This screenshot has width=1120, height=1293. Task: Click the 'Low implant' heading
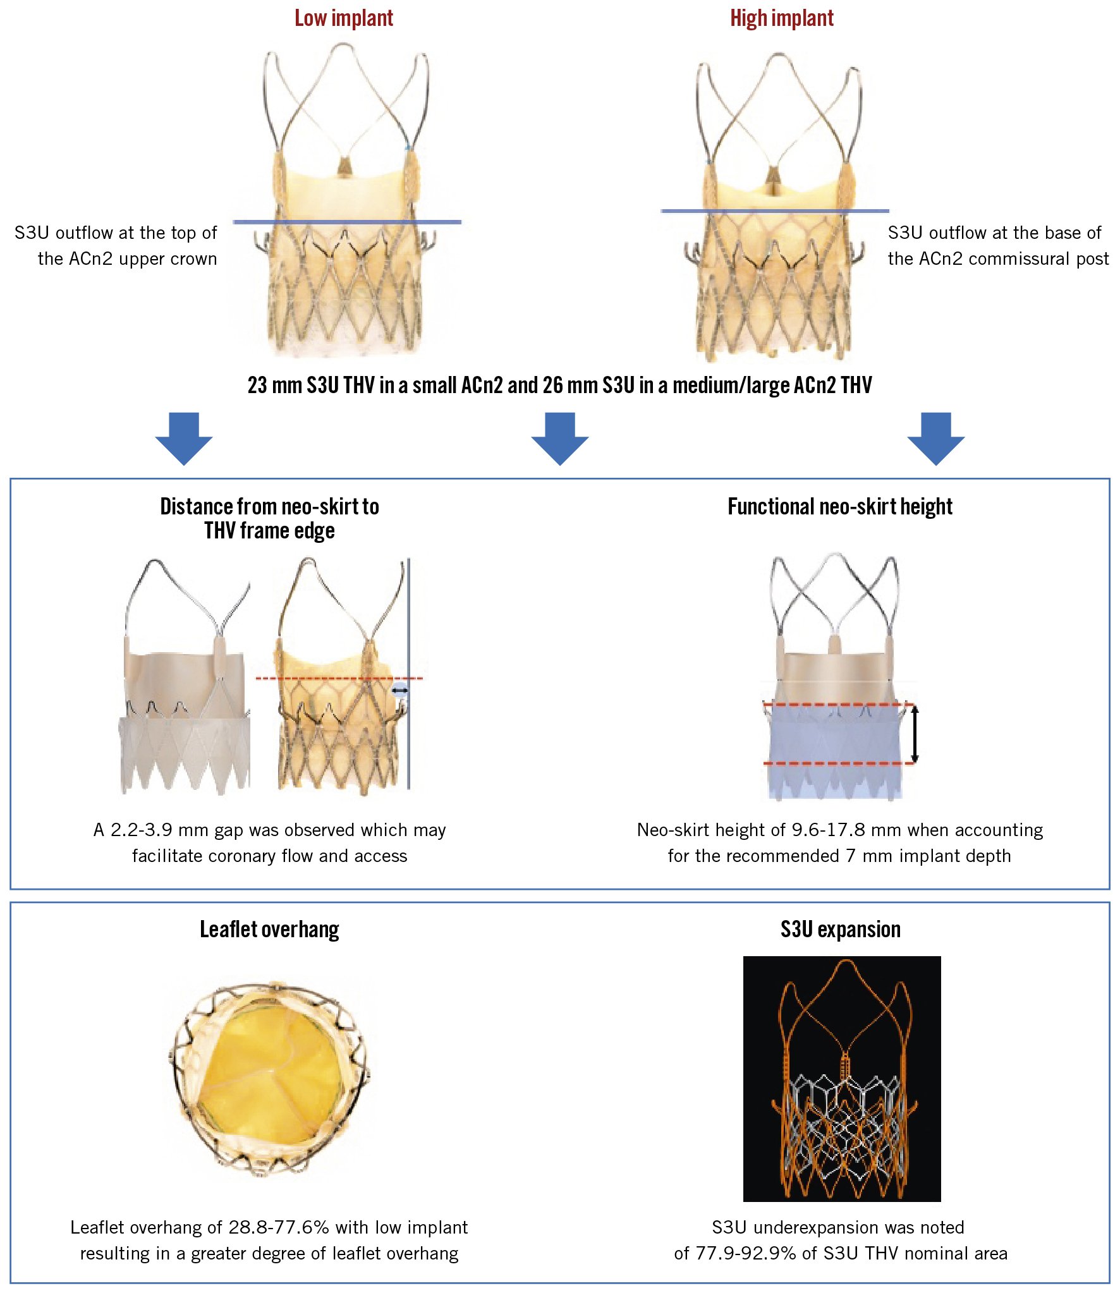[343, 18]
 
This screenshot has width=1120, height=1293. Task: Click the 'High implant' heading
[781, 18]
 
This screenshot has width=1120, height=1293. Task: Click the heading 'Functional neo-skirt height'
[839, 507]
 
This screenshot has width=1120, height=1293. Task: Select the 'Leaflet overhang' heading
[269, 930]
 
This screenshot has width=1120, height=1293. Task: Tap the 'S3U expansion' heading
[840, 930]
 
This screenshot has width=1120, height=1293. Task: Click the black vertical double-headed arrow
[914, 734]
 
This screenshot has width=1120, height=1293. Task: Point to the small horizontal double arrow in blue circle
[400, 691]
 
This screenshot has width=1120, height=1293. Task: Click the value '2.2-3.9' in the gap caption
[142, 830]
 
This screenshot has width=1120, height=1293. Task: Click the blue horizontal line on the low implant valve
[346, 222]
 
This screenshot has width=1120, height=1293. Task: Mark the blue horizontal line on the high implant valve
[774, 210]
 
